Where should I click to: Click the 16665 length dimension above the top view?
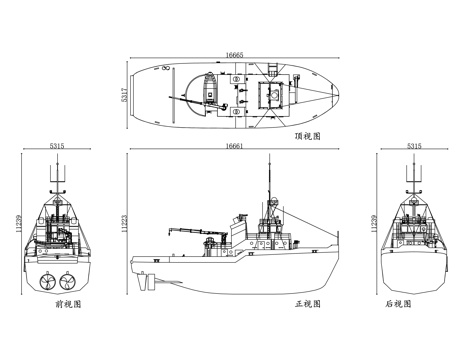click(x=234, y=55)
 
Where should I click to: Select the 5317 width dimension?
click(x=124, y=95)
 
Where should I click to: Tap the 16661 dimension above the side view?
click(x=234, y=146)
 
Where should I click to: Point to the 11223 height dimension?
click(x=124, y=223)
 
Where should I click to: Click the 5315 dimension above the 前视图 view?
click(x=57, y=146)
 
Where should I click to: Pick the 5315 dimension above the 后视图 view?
click(x=414, y=146)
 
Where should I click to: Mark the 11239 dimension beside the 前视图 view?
click(x=19, y=223)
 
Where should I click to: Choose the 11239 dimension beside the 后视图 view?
click(x=374, y=223)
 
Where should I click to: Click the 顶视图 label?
click(x=307, y=136)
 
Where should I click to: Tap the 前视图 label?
click(x=68, y=304)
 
